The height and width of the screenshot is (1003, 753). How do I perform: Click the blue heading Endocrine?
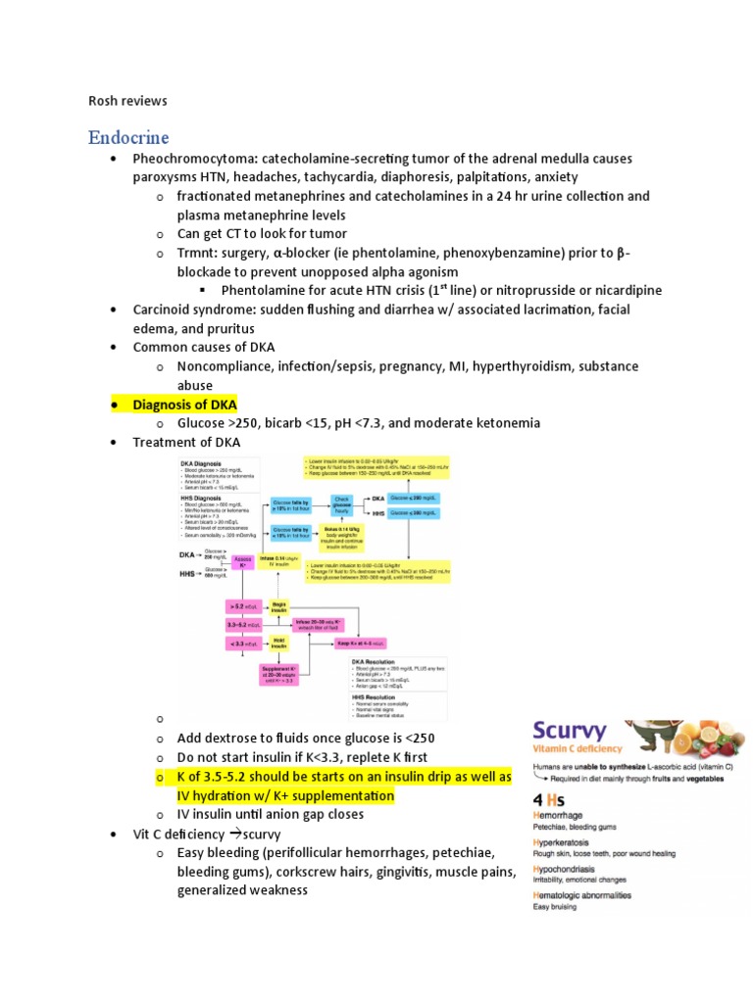pyautogui.click(x=128, y=136)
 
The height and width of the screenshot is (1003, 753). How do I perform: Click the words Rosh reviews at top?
pyautogui.click(x=127, y=101)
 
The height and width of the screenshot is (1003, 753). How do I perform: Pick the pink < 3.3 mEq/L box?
pyautogui.click(x=241, y=643)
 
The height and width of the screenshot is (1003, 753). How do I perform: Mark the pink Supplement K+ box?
pyautogui.click(x=281, y=678)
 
